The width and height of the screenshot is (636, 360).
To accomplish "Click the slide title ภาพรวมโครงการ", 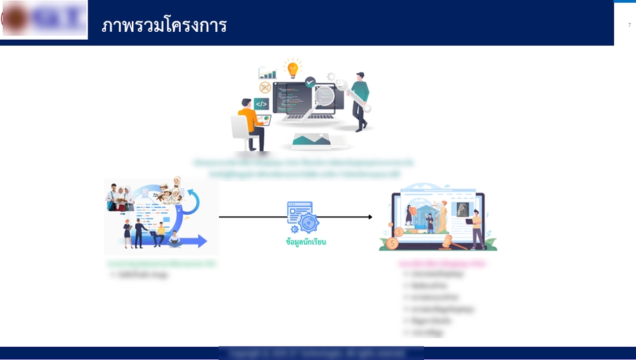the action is tap(164, 25).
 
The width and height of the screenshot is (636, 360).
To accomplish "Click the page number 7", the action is tap(629, 25).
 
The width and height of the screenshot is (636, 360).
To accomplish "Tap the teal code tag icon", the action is tap(262, 103).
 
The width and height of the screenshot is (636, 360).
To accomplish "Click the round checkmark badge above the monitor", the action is tap(309, 83).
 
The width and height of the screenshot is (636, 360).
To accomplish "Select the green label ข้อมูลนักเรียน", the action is tap(306, 242).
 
